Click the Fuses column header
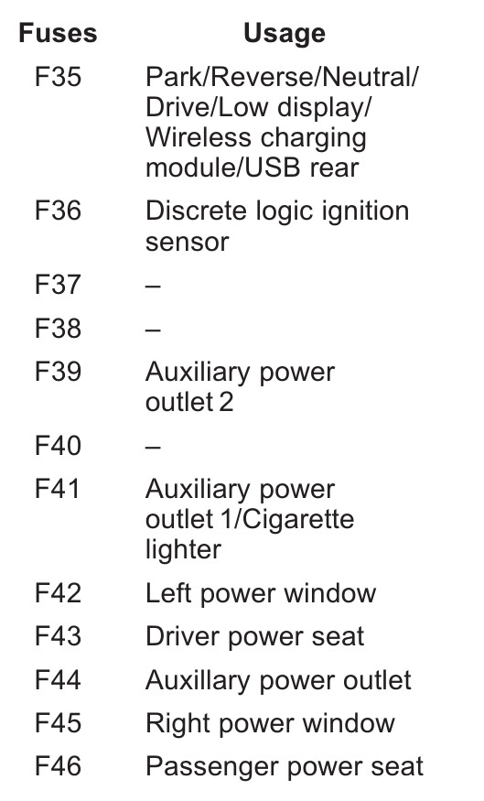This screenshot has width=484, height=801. click(58, 34)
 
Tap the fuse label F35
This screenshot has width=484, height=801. click(58, 77)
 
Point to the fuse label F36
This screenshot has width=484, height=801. click(58, 211)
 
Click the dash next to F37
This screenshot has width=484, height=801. click(153, 286)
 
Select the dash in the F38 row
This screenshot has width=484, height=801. click(153, 330)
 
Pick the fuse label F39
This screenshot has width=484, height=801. click(58, 372)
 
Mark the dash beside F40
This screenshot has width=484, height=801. click(153, 447)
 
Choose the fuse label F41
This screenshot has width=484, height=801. click(57, 489)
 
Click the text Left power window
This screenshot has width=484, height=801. click(261, 594)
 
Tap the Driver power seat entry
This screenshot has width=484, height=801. click(254, 637)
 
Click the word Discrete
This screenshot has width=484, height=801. click(196, 211)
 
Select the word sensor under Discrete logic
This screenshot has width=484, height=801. click(187, 243)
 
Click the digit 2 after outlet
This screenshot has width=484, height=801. click(226, 403)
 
